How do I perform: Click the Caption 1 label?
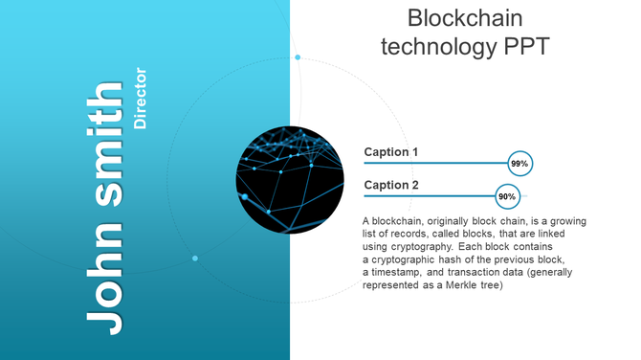click(391, 152)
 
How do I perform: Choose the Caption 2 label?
click(391, 185)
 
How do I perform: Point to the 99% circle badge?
click(519, 164)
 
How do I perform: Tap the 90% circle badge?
click(507, 196)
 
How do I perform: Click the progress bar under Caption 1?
click(435, 164)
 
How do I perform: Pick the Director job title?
click(141, 98)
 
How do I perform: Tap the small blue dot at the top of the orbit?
click(298, 57)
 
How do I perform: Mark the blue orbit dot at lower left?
click(195, 259)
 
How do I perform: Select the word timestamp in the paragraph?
click(400, 273)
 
